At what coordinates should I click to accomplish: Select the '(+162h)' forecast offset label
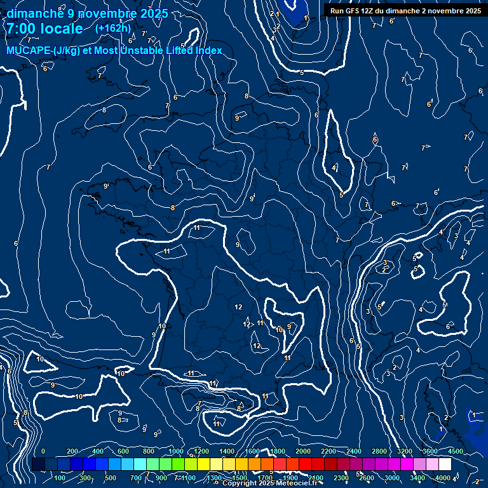click(x=112, y=28)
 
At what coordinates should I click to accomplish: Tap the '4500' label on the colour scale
click(x=456, y=451)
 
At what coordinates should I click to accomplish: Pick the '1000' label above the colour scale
click(x=176, y=451)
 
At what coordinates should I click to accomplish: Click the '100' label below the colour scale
click(x=60, y=478)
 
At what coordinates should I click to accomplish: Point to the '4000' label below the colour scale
click(x=443, y=478)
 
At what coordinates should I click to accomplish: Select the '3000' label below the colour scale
click(x=392, y=478)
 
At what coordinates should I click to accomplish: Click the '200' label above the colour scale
click(x=73, y=451)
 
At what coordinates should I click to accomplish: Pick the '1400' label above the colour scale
click(x=227, y=451)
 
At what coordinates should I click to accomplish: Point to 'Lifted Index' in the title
click(x=194, y=51)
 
